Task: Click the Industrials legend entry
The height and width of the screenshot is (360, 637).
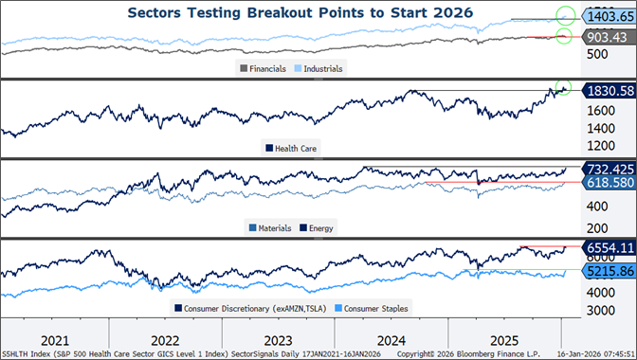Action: [320, 68]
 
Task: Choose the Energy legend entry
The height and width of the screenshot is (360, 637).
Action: [320, 227]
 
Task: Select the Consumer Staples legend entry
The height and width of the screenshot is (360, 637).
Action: [372, 308]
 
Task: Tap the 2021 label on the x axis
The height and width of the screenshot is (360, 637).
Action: [55, 338]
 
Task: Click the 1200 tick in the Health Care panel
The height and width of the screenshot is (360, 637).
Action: [597, 145]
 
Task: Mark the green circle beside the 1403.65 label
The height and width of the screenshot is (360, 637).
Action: [566, 16]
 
